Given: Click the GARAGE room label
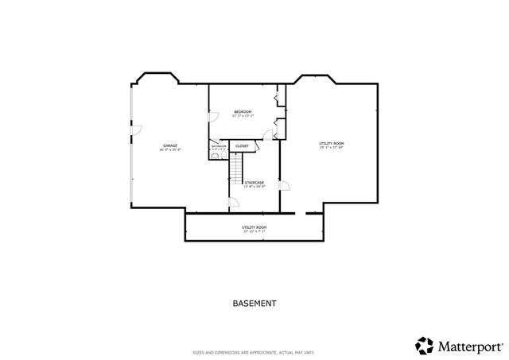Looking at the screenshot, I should pos(170,145).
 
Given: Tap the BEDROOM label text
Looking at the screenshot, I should pos(243,111).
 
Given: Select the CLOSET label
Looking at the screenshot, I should pos(242,146).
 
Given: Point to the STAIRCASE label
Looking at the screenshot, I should pos(254,183).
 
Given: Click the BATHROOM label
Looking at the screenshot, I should pos(219,146).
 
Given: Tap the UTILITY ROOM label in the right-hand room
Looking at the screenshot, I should pos(332,143).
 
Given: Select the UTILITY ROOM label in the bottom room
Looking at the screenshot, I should pos(254,227).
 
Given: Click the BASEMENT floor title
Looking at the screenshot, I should pos(254,303).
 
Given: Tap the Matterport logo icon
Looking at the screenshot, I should pos(424,346).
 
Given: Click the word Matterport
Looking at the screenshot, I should pos(469,346).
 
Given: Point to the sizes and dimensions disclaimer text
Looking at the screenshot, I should pos(254,352).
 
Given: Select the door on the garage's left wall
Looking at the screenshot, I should pos(136,129).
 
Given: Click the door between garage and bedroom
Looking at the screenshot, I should pos(212,116).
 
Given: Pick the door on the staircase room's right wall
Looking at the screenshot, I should pos(284,187).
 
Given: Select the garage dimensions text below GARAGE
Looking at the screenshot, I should pos(170,149).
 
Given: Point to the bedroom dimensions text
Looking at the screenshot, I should pos(243,116).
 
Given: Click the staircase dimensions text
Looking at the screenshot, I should pos(254,187).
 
